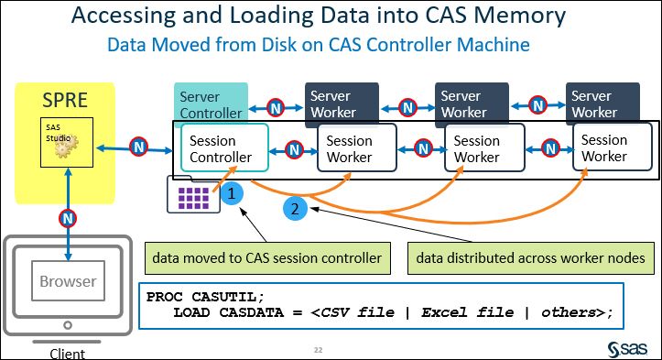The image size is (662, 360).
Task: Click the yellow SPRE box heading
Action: point(65,99)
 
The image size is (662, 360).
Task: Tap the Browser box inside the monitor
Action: point(67,282)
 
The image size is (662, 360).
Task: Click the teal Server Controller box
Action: point(211,104)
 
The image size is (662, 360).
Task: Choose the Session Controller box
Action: point(218,148)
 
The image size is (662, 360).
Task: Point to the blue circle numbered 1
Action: point(233,193)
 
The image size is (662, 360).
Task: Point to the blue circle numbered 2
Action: point(294,209)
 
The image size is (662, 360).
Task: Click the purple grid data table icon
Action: point(193,195)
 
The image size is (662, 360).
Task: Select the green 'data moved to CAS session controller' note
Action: point(266,257)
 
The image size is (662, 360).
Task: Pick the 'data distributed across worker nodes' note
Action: point(530,257)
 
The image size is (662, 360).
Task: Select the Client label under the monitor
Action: point(67,353)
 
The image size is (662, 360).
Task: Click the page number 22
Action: point(319,349)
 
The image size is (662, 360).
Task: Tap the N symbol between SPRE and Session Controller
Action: point(138,147)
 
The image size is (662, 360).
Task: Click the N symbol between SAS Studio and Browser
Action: point(67,218)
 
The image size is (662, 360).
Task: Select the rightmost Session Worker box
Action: point(604,147)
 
